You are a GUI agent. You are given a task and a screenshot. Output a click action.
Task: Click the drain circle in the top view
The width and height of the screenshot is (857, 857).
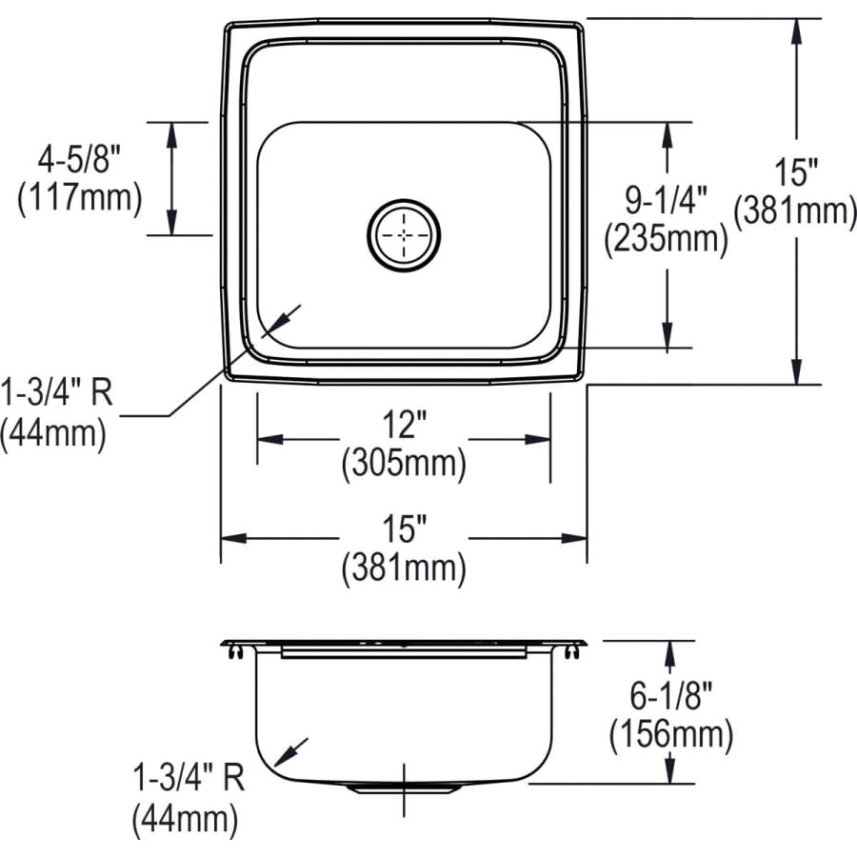[x=404, y=234]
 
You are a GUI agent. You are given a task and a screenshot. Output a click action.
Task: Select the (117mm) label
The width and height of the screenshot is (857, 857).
[x=79, y=199]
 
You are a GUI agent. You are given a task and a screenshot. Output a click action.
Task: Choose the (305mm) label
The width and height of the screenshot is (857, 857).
[x=404, y=464]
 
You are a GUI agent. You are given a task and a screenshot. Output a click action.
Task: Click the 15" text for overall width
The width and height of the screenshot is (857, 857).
[x=404, y=526]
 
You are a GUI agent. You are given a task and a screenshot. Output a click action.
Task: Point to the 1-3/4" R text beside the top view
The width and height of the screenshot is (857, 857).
[x=57, y=393]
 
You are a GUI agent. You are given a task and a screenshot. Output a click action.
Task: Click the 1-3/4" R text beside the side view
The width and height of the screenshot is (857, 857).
[x=188, y=778]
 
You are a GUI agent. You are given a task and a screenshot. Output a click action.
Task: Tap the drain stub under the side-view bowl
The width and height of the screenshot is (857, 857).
[x=404, y=789]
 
